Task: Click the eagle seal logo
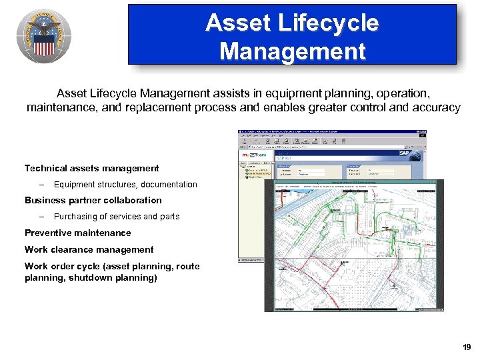coord(43,37)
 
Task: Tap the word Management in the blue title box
coord(292,51)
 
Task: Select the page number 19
coord(466,347)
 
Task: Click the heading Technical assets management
coord(92,168)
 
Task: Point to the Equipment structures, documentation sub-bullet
coord(125,184)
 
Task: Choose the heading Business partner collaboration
coord(93,200)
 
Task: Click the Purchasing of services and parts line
coord(117,217)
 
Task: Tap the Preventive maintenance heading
coord(78,233)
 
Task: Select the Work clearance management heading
coord(89,249)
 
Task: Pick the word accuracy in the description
coord(437,107)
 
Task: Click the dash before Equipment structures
coord(41,184)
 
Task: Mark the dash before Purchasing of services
coord(41,217)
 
